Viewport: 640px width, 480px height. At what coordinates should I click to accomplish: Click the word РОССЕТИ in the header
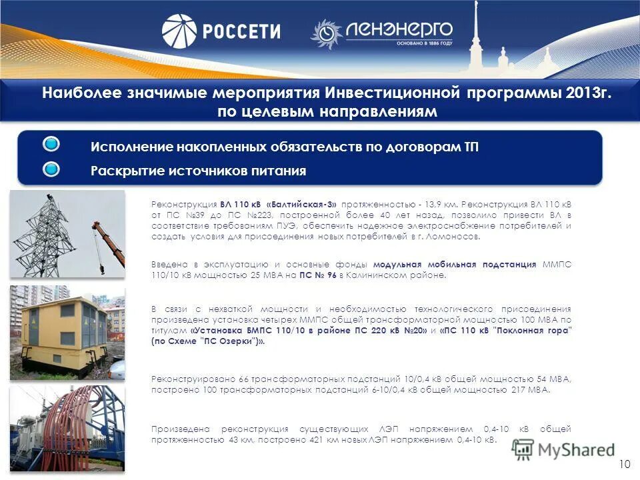[x=241, y=31]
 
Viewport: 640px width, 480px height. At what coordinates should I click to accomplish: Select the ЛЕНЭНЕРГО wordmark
[x=399, y=29]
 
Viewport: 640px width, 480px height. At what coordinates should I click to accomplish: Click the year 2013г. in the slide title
[x=586, y=93]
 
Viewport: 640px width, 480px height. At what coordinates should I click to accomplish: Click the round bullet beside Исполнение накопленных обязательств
[x=51, y=145]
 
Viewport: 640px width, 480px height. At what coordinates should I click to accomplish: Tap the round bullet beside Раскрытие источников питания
[x=51, y=169]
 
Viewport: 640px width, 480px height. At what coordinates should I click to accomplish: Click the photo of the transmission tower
[x=67, y=233]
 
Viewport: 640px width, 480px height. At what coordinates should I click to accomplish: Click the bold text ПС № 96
[x=315, y=275]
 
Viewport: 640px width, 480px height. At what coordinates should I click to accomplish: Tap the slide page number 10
[x=624, y=464]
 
